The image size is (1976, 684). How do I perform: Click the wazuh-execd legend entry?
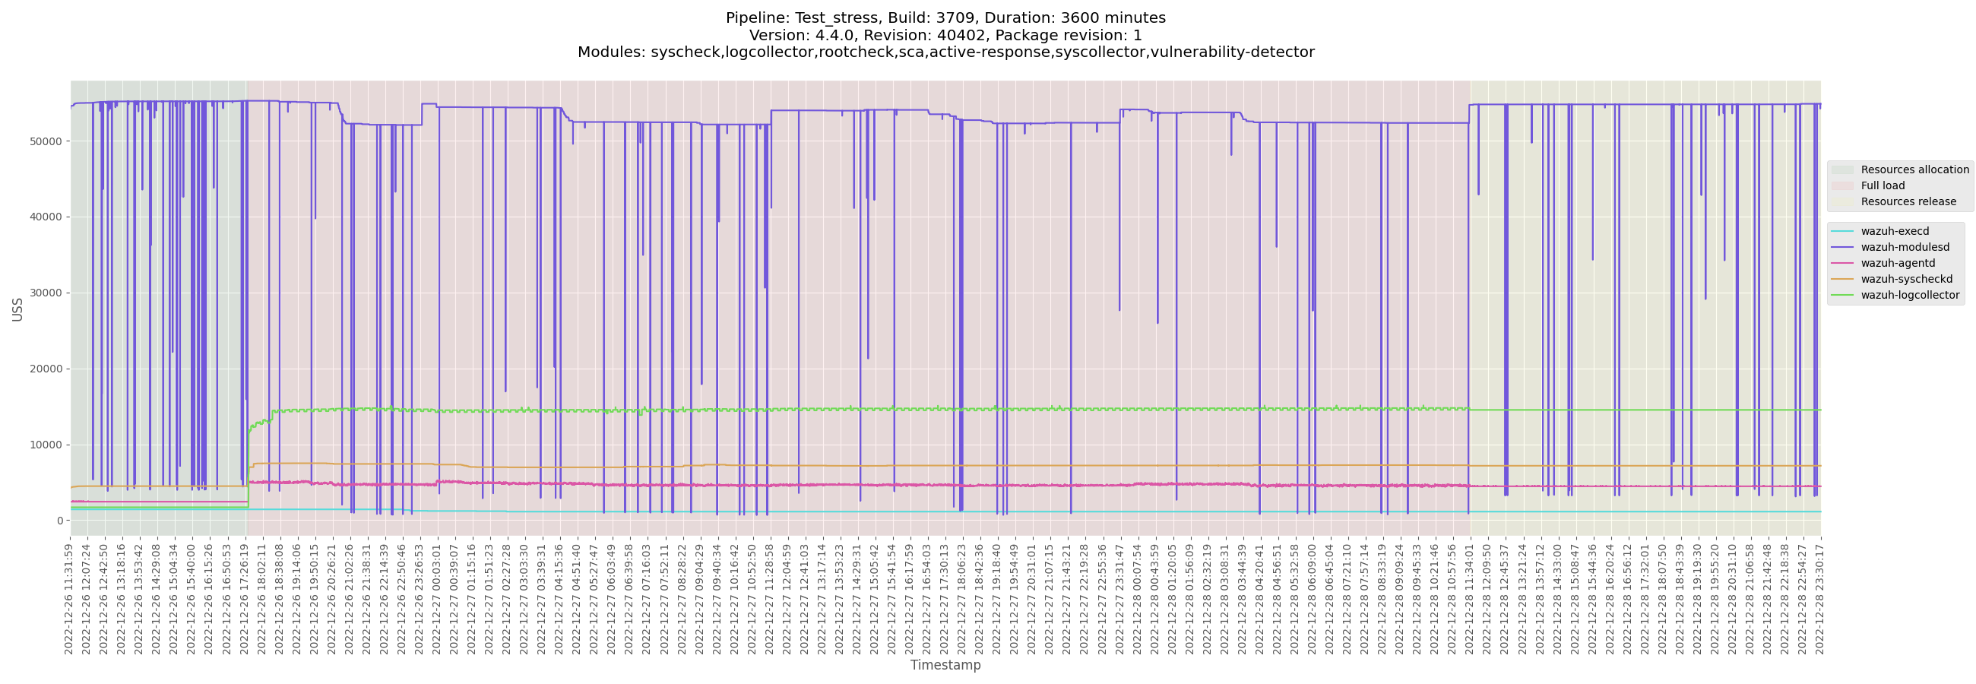(1894, 231)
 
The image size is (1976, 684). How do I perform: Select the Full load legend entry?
(1883, 185)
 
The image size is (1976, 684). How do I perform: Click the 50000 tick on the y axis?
(46, 142)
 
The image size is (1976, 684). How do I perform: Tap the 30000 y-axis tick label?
(46, 293)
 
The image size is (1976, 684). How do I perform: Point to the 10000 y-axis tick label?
(46, 445)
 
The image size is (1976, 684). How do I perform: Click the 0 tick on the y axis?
(59, 521)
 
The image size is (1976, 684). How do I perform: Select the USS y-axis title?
(17, 309)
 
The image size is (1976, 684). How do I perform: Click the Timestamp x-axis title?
(945, 665)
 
